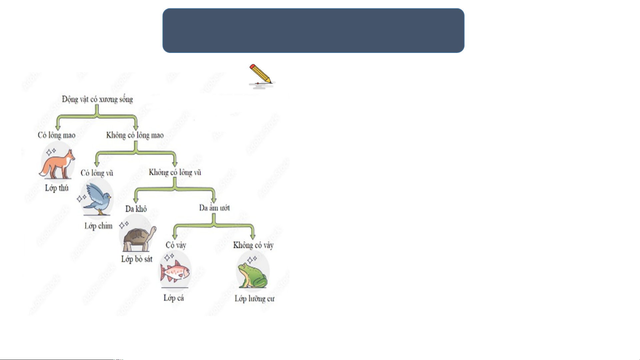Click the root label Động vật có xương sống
[97, 99]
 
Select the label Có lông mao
[57, 135]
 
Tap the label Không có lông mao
[135, 135]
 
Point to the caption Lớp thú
[57, 188]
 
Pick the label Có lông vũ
[97, 173]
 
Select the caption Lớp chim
[98, 226]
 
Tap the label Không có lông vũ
[175, 173]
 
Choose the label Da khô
[136, 209]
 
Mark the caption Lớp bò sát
[137, 259]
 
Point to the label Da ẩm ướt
[215, 208]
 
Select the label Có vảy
[176, 245]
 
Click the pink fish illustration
[175, 271]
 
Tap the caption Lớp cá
[174, 298]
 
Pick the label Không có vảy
[253, 245]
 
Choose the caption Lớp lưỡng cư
[255, 299]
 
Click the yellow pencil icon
[261, 74]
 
